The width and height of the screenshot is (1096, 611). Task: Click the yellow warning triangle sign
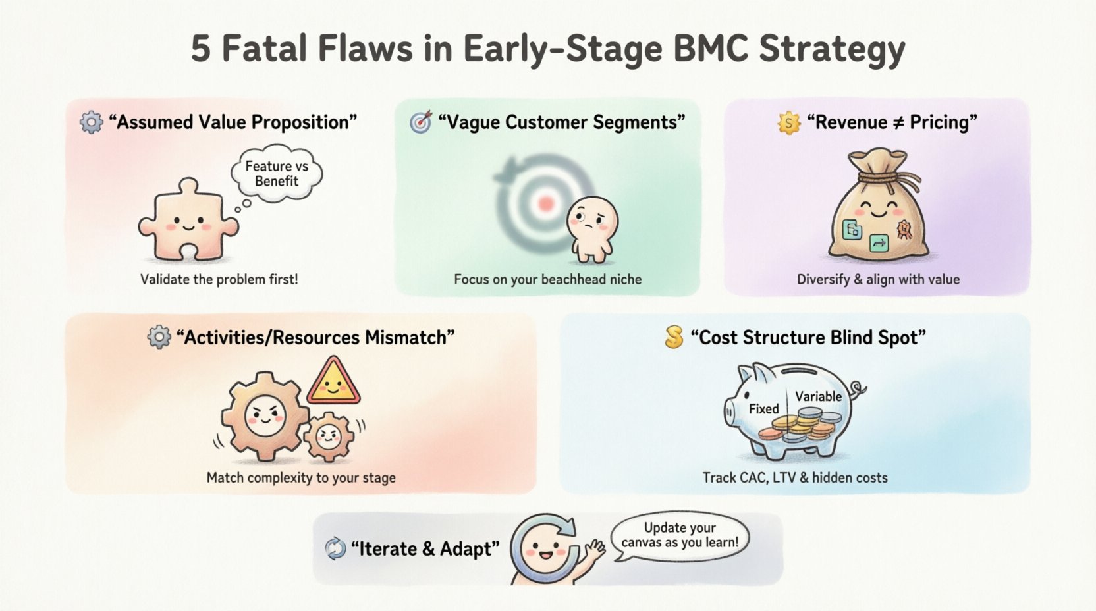[x=333, y=383]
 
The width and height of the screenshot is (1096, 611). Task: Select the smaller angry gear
[x=329, y=435]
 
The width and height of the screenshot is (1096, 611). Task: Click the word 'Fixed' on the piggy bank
[x=763, y=409]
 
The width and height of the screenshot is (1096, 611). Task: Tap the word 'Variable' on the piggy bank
[x=818, y=396]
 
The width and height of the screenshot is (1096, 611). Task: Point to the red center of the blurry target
[x=545, y=203]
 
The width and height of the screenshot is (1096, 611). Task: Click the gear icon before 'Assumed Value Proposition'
[x=92, y=122]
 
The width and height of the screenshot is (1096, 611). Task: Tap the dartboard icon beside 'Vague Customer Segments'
[x=421, y=122]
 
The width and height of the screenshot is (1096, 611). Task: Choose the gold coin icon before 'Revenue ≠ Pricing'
[x=788, y=122]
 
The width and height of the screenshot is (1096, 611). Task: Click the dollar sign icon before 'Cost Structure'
[x=674, y=337]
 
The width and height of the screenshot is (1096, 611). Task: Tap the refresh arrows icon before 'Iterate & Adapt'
[x=335, y=548]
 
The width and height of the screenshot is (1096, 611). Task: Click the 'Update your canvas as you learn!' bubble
[x=680, y=535]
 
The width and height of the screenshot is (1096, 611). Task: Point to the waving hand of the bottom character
[x=597, y=549]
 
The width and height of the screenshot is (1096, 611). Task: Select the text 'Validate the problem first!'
[x=219, y=279]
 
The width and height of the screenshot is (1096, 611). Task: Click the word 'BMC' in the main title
[x=703, y=48]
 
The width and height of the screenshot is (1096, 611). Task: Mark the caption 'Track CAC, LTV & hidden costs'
[x=794, y=477]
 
